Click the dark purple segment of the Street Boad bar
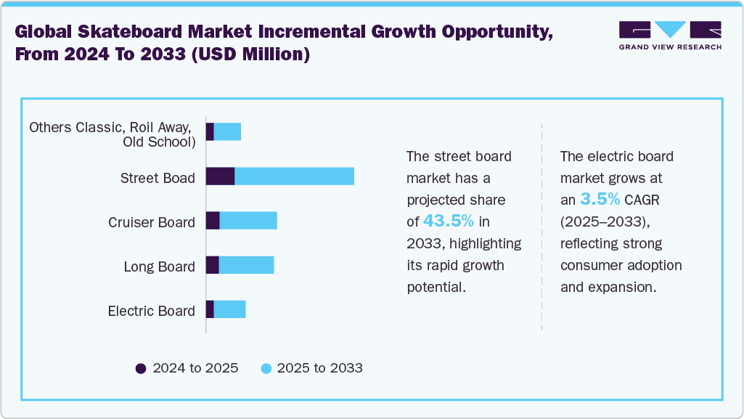click(x=220, y=176)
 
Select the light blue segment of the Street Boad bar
click(x=294, y=176)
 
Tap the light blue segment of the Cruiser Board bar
click(x=248, y=221)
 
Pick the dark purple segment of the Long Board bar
click(x=212, y=265)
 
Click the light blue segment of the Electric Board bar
click(x=229, y=309)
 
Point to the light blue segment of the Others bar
click(x=227, y=132)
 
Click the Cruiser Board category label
click(x=152, y=222)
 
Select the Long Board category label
click(x=160, y=267)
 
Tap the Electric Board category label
click(x=152, y=311)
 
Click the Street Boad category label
click(x=158, y=178)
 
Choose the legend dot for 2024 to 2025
click(x=141, y=368)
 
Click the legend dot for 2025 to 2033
click(x=266, y=368)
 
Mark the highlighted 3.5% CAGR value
click(x=600, y=199)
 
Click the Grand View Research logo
click(x=670, y=36)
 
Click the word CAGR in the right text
click(x=643, y=200)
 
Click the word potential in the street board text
click(x=436, y=287)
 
